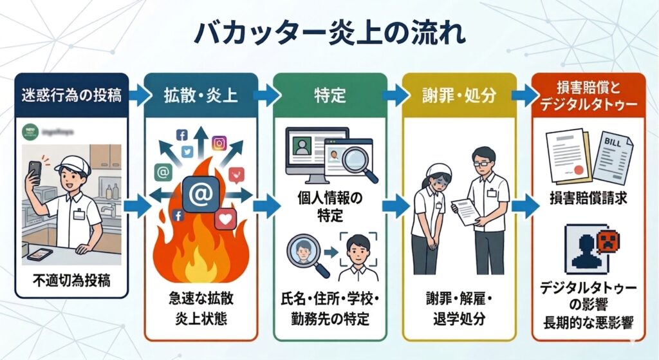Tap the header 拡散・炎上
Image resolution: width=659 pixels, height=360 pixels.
(201, 96)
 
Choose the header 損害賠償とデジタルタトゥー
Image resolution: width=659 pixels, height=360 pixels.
(586, 96)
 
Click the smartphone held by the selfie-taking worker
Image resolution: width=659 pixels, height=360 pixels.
(34, 171)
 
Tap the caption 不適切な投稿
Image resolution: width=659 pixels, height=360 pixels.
(70, 281)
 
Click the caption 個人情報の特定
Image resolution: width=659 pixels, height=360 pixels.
(330, 204)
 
